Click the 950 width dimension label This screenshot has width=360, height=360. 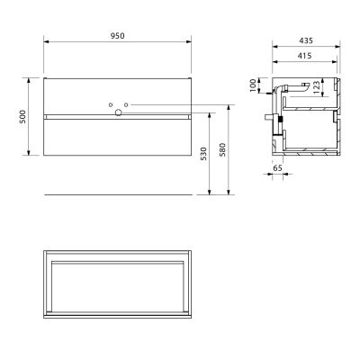(117, 36)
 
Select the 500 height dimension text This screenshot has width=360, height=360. (22, 117)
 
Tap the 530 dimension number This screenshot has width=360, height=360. (203, 153)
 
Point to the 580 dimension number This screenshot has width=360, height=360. (222, 149)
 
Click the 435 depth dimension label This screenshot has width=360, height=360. (306, 40)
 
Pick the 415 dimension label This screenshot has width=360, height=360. (305, 56)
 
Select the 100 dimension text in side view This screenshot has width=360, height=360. (253, 85)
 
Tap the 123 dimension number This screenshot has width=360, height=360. (316, 87)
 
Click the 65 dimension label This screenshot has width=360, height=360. (278, 168)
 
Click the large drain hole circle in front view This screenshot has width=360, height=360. (118, 112)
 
